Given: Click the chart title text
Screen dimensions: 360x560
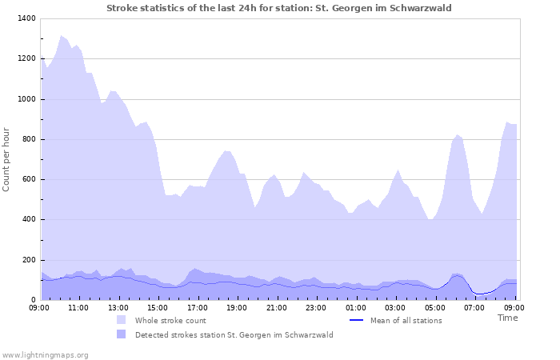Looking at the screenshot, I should pyautogui.click(x=279, y=8).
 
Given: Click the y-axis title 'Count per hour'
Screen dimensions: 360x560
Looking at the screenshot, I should pyautogui.click(x=7, y=158).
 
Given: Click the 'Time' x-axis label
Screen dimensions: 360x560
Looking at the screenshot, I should pyautogui.click(x=507, y=318).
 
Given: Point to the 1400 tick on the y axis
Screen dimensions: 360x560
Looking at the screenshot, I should pyautogui.click(x=26, y=18).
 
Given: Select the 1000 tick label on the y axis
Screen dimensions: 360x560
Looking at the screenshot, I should pyautogui.click(x=26, y=99).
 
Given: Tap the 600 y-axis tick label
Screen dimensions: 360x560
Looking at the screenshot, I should pyautogui.click(x=28, y=179).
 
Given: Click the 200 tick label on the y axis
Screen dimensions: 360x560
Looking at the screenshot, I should pyautogui.click(x=28, y=260).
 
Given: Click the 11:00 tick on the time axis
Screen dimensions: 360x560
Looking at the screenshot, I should pyautogui.click(x=78, y=306).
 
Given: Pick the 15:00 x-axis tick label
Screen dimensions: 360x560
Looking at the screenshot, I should pyautogui.click(x=158, y=306).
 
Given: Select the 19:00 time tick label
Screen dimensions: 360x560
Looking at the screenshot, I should pyautogui.click(x=237, y=306).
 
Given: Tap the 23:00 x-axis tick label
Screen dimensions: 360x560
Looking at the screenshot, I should pyautogui.click(x=316, y=306).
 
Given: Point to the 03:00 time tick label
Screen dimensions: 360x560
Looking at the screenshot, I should pyautogui.click(x=395, y=306).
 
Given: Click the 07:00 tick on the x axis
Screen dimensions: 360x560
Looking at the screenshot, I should pyautogui.click(x=474, y=306).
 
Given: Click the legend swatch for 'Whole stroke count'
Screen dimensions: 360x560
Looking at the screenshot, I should pyautogui.click(x=121, y=320).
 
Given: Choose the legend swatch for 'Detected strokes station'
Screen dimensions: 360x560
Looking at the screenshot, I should pyautogui.click(x=121, y=334).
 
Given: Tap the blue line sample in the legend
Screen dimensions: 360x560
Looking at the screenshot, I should pyautogui.click(x=357, y=320).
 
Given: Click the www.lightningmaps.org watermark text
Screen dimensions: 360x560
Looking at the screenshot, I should pyautogui.click(x=45, y=354).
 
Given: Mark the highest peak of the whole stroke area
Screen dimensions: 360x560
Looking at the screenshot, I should pyautogui.click(x=61, y=35).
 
